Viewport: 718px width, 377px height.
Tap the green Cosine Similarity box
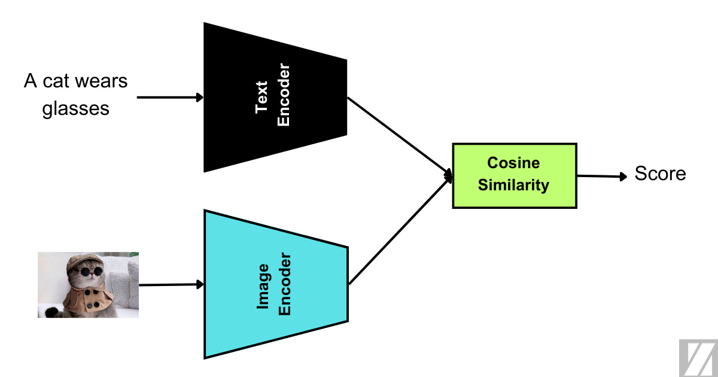point(514,175)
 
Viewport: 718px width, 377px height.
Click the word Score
point(660,174)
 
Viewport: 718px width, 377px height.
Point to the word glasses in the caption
point(76,109)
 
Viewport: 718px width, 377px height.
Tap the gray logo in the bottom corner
point(698,358)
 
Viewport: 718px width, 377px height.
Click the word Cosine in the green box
point(513,163)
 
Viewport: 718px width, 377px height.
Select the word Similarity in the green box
point(513,186)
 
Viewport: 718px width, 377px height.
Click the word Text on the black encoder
point(262,97)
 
